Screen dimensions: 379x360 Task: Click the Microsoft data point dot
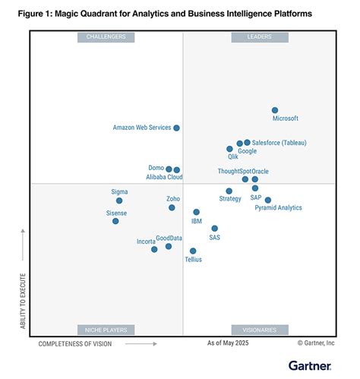[x=275, y=110]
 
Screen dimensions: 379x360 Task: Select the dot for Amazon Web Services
[x=177, y=128]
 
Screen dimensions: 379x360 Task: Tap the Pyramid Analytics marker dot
[x=268, y=200]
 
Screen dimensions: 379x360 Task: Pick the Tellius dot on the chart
[x=193, y=251]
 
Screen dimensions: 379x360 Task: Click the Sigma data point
[x=119, y=201]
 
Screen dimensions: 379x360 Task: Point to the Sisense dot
[x=115, y=221]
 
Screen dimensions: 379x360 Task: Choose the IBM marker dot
[x=196, y=213]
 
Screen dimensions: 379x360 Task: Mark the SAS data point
[x=215, y=228]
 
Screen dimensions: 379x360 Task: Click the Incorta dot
[x=154, y=249]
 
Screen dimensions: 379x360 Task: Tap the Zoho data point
[x=172, y=207]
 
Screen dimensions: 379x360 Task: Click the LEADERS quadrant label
[x=259, y=36]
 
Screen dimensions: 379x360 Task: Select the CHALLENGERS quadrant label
[x=106, y=36]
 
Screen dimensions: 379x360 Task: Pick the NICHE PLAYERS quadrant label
[x=106, y=330]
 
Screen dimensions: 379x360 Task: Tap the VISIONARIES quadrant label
[x=259, y=330]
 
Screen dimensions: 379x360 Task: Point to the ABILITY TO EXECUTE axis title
[x=23, y=301]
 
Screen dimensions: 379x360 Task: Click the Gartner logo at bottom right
[x=309, y=366]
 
